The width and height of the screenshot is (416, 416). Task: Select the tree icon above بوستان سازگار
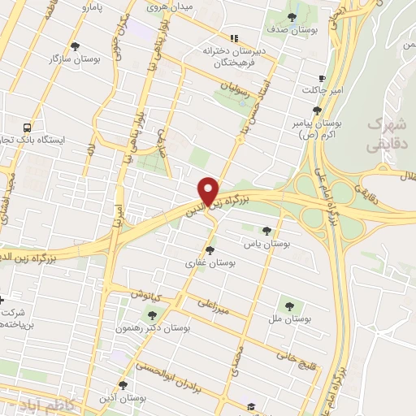(x=76, y=46)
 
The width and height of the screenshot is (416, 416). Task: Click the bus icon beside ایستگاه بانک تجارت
(x=27, y=127)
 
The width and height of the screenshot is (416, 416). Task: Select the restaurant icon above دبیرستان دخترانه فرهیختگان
(x=234, y=37)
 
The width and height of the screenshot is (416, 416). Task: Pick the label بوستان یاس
(x=268, y=243)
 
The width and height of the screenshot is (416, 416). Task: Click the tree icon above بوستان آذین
(x=123, y=385)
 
